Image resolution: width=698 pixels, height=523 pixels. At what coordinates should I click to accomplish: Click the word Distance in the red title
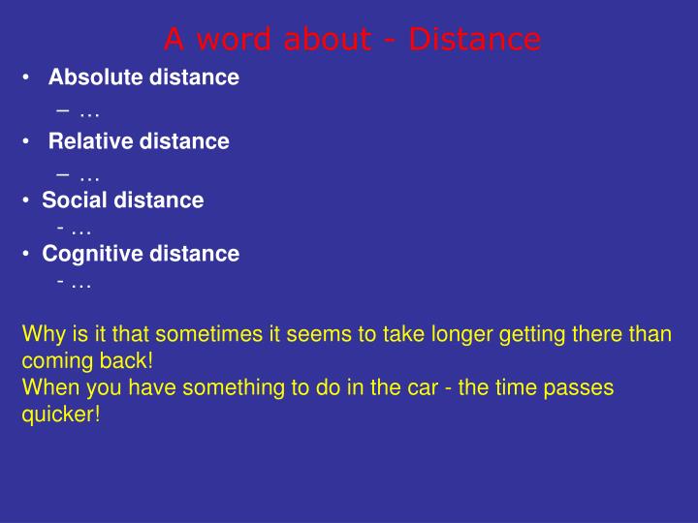click(x=474, y=40)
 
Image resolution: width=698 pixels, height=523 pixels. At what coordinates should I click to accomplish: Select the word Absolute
click(x=95, y=77)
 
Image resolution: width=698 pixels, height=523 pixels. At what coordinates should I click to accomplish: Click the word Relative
click(x=90, y=141)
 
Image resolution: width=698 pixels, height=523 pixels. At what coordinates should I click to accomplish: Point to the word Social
click(x=75, y=200)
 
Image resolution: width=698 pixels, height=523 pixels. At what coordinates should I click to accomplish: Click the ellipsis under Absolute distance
click(x=90, y=113)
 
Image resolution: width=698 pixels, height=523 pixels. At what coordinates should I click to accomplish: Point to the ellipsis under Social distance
click(x=81, y=230)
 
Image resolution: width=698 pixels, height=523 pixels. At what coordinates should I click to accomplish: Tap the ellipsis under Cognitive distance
click(x=81, y=283)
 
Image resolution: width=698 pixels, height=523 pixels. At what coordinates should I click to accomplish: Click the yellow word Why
click(x=42, y=335)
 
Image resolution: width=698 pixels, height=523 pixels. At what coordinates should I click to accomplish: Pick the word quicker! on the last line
click(x=61, y=414)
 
